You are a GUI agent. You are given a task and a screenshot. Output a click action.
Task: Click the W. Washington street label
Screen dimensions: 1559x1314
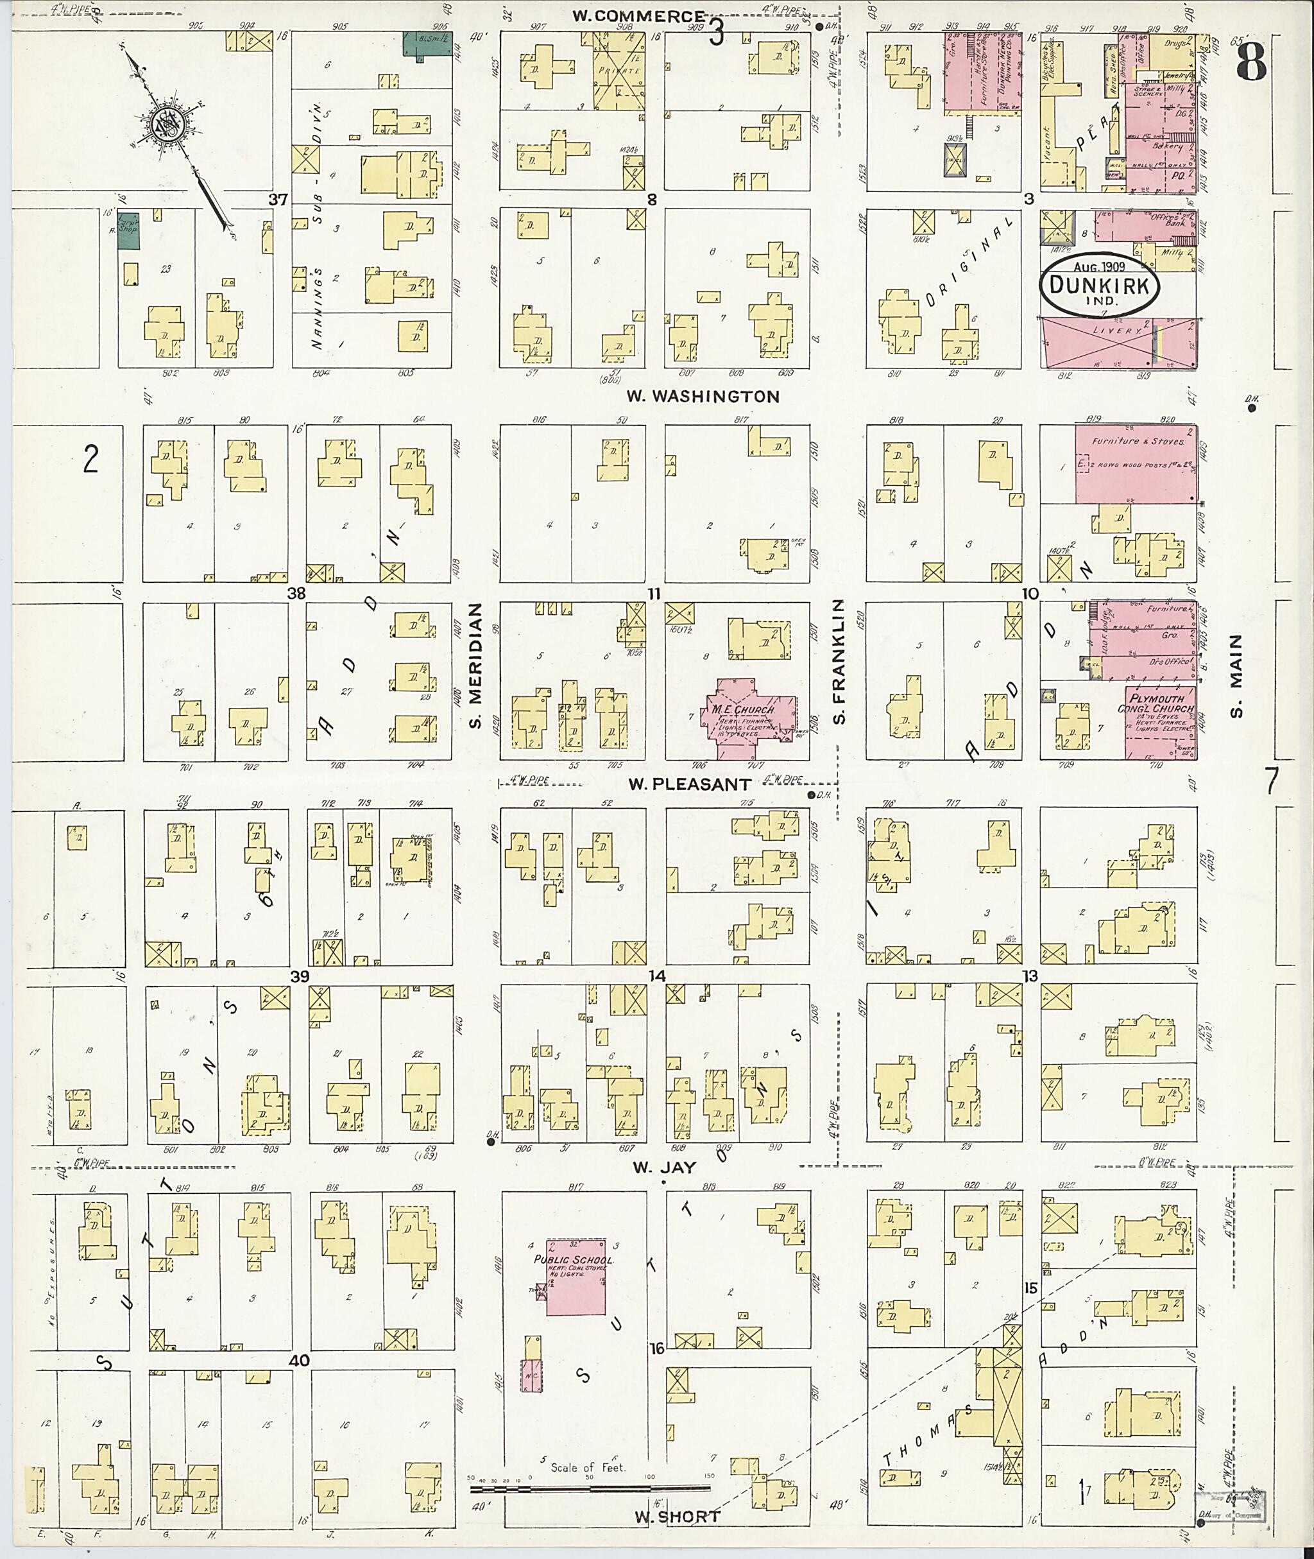click(x=703, y=397)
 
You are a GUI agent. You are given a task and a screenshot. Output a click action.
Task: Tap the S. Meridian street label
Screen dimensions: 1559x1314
click(x=476, y=666)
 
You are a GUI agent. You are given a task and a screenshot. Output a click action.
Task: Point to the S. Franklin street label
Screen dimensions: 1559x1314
click(x=839, y=661)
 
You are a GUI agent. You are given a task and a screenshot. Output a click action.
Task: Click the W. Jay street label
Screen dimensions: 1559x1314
click(x=665, y=1167)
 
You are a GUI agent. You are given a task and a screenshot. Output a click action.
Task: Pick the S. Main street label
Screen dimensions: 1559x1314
click(x=1236, y=676)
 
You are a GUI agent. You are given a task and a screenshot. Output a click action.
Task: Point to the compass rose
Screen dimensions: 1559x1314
click(x=167, y=123)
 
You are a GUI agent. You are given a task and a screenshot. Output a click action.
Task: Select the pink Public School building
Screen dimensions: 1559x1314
click(x=576, y=1277)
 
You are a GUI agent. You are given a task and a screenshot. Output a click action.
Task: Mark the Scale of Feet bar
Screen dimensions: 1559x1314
click(x=588, y=1489)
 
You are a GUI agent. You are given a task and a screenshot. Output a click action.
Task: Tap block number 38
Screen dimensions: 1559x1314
click(x=296, y=593)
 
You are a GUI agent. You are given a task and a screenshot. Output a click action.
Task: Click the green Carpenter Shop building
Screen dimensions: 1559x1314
click(x=128, y=231)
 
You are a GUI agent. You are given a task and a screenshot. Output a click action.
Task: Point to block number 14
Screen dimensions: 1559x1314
click(x=656, y=976)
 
